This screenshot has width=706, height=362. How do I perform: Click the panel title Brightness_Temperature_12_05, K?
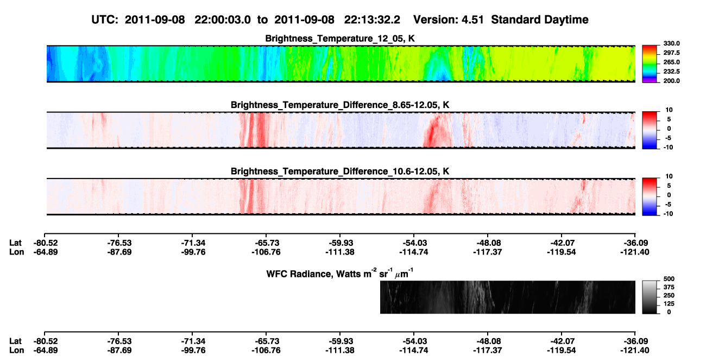pyautogui.click(x=340, y=39)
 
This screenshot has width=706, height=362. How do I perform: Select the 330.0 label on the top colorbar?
pyautogui.click(x=671, y=43)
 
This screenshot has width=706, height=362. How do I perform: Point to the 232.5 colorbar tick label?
pyautogui.click(x=671, y=72)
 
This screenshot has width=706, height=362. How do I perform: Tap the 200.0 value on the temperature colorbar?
pyautogui.click(x=671, y=81)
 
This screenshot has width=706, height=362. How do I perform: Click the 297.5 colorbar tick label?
pyautogui.click(x=671, y=53)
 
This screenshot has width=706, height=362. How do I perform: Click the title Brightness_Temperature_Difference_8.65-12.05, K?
pyautogui.click(x=340, y=105)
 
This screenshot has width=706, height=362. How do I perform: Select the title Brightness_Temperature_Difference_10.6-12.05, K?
pyautogui.click(x=340, y=172)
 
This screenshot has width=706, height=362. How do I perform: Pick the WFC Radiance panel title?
pyautogui.click(x=340, y=274)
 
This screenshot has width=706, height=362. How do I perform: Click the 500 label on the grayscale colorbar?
pyautogui.click(x=669, y=279)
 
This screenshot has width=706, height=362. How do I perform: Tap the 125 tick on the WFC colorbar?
pyautogui.click(x=669, y=304)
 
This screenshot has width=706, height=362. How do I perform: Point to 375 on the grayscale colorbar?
pyautogui.click(x=669, y=287)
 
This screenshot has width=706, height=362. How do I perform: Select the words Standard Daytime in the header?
pyautogui.click(x=540, y=20)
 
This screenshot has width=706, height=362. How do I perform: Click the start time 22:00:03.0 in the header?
pyautogui.click(x=223, y=20)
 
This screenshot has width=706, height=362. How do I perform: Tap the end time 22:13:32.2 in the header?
pyautogui.click(x=372, y=20)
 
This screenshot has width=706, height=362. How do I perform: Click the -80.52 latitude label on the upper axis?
pyautogui.click(x=46, y=243)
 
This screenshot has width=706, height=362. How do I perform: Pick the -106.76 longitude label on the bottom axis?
pyautogui.click(x=266, y=351)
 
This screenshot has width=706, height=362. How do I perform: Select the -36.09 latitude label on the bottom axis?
pyautogui.click(x=635, y=341)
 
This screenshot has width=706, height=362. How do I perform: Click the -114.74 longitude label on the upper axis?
pyautogui.click(x=413, y=252)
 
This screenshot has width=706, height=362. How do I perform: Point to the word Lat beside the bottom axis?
pyautogui.click(x=15, y=341)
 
